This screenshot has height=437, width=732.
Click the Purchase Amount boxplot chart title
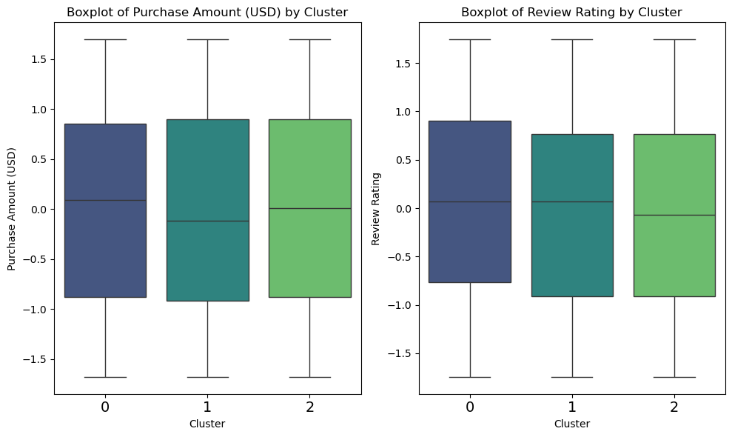(207, 12)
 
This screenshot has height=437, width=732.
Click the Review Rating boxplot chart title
(571, 12)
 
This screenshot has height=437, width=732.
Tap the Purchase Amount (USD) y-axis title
(12, 209)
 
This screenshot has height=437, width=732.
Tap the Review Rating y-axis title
(376, 209)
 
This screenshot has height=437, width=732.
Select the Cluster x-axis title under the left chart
(207, 424)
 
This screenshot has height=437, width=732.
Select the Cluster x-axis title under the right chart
(571, 424)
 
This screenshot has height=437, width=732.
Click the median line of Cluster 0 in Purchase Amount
(105, 200)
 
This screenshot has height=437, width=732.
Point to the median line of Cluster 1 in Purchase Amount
(207, 221)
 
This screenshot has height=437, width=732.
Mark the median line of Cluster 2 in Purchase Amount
(309, 208)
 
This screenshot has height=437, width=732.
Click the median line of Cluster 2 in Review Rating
(674, 215)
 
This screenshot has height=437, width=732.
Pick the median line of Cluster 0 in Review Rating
(469, 201)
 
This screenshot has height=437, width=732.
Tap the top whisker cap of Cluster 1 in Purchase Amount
(207, 39)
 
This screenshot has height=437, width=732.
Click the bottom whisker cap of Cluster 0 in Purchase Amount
(105, 377)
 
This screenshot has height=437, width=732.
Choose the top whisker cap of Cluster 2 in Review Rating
(674, 39)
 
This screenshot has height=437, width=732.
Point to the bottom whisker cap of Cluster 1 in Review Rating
(572, 377)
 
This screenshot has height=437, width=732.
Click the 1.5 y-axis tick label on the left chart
(38, 59)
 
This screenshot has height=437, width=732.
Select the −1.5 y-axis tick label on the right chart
(400, 354)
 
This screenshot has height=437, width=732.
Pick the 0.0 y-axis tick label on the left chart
(38, 210)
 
